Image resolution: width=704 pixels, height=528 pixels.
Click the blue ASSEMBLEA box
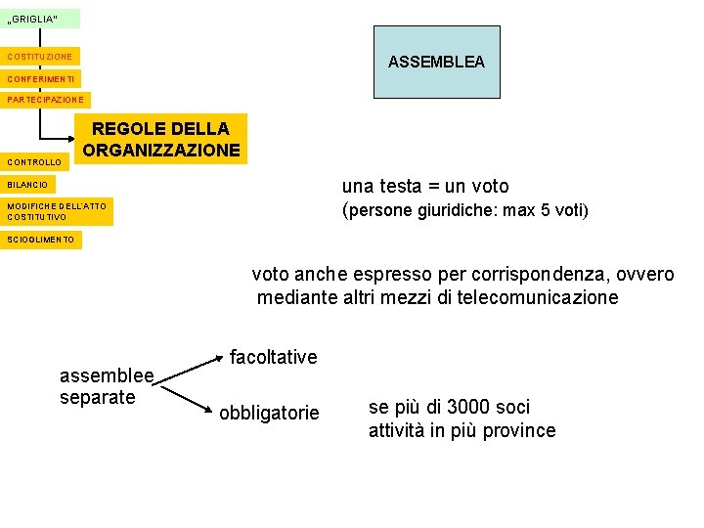pyautogui.click(x=436, y=62)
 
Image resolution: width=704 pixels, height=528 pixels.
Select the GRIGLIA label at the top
pyautogui.click(x=40, y=19)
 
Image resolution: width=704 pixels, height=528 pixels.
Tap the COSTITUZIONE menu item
pyautogui.click(x=42, y=57)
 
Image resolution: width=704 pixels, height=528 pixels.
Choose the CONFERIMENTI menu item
pyautogui.click(x=41, y=78)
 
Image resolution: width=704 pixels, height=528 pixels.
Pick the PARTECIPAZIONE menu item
pyautogui.click(x=46, y=100)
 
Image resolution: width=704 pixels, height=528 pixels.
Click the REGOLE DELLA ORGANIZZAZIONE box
pyautogui.click(x=161, y=139)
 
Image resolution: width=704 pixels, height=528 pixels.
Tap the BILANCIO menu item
pyautogui.click(x=28, y=184)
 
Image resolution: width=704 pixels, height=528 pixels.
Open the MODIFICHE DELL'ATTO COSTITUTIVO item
pyautogui.click(x=57, y=211)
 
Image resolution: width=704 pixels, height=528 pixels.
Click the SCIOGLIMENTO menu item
pyautogui.click(x=41, y=240)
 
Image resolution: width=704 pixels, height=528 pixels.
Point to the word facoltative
pyautogui.click(x=274, y=358)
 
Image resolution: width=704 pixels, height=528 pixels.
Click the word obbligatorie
pyautogui.click(x=269, y=414)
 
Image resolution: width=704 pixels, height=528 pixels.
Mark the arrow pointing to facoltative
pyautogui.click(x=192, y=369)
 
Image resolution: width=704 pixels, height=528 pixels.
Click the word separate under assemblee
pyautogui.click(x=97, y=398)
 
